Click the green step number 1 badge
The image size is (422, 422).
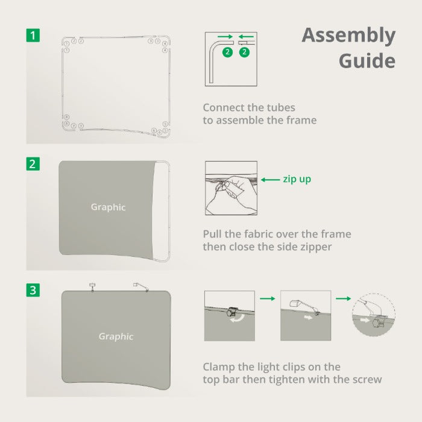(33, 35)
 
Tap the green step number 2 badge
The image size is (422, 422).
(33, 164)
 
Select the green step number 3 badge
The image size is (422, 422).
(33, 290)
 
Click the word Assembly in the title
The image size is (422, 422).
(348, 36)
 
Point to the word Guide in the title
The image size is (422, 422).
(367, 61)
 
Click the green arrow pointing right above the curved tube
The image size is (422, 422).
(225, 37)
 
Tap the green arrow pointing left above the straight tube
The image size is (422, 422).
(246, 37)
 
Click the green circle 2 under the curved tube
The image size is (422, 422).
(228, 52)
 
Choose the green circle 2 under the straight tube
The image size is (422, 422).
(244, 52)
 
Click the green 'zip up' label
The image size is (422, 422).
(297, 179)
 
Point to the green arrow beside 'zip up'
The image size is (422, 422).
(271, 180)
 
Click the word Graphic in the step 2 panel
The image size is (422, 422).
(108, 207)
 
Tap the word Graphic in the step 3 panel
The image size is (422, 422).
(116, 336)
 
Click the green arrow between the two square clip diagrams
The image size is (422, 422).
(268, 298)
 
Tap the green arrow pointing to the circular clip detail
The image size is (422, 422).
(344, 298)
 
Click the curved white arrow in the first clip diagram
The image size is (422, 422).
(238, 318)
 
